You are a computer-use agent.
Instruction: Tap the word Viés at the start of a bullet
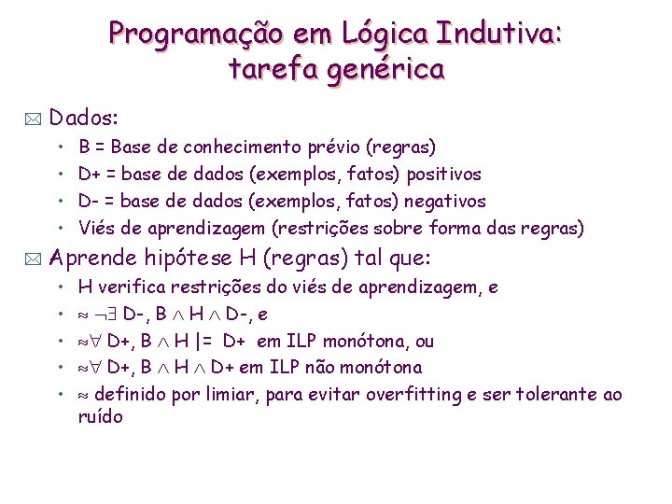click(x=96, y=228)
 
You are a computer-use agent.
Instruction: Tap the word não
click(x=341, y=368)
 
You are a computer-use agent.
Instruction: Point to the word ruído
click(x=101, y=417)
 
